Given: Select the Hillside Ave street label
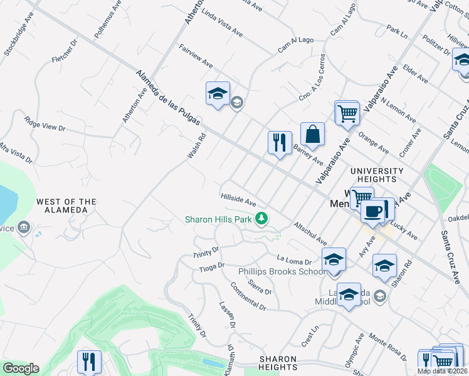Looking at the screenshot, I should coord(239,200).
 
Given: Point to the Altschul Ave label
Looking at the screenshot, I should coord(310,232).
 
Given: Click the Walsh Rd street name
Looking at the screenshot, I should coord(196,146).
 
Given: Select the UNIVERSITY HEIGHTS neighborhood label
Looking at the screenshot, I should coord(377,175).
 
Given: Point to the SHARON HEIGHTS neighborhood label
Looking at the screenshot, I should coord(278,363).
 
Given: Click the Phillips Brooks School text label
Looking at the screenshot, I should coord(282,271).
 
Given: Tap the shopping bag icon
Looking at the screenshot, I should coord(312,134).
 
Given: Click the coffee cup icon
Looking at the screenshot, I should coord(373,211).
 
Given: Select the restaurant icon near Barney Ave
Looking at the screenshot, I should coord(280,142).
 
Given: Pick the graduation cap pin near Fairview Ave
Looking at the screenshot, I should coord(218,94).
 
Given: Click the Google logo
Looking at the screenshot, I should coord(21,368).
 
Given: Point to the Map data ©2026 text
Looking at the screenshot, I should coord(443,371).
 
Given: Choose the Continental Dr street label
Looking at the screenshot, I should coord(248,298).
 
